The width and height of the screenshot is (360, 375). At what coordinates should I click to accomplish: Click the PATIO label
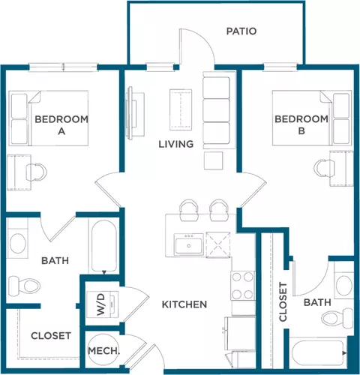coord(241,31)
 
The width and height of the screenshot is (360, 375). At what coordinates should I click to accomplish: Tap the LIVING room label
coord(176,144)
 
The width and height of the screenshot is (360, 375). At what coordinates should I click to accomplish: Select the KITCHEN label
coord(184,304)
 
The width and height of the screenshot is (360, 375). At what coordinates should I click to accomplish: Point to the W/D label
coord(101,304)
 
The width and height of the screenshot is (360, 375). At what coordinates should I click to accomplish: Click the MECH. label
coord(103,351)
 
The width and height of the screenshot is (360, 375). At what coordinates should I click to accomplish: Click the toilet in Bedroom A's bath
coord(24,286)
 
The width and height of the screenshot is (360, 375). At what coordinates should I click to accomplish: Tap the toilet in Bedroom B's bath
coord(337,318)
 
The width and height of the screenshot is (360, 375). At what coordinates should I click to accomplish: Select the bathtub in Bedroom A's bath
coord(103,246)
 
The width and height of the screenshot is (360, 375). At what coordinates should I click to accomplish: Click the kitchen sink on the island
coord(188,244)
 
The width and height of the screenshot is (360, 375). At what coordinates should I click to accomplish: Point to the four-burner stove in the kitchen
coord(242,286)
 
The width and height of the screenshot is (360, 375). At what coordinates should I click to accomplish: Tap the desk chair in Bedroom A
coord(37,172)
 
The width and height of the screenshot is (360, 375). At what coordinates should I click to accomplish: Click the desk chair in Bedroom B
coord(324,168)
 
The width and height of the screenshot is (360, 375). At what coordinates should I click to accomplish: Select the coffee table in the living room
coord(181,109)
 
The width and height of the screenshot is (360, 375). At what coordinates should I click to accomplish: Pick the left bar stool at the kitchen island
coord(189,210)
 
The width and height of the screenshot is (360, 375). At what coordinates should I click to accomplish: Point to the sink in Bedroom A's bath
coord(17,243)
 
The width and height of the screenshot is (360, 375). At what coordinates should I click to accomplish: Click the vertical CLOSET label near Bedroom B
coord(283,301)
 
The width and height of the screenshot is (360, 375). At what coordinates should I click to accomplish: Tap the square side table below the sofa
coord(213,160)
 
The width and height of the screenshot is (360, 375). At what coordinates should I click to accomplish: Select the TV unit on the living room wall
coord(135,113)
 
